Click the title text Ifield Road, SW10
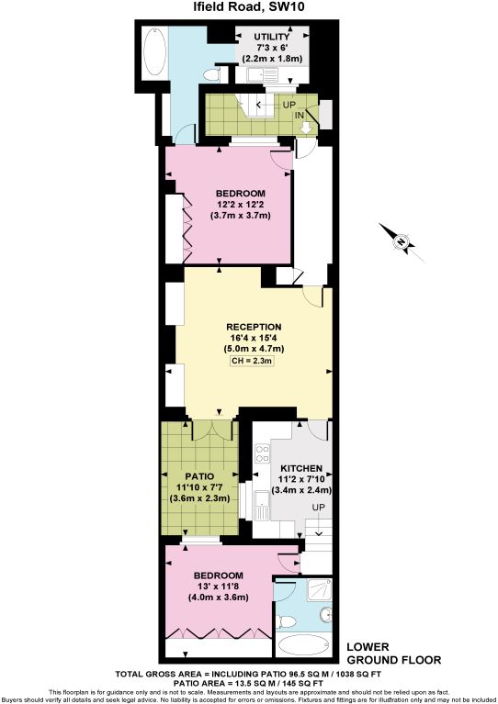(250, 8)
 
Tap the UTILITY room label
(272, 37)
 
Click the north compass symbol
(402, 242)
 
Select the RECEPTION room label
(254, 327)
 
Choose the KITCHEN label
(299, 466)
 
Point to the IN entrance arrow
(307, 123)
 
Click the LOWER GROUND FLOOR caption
(393, 653)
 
